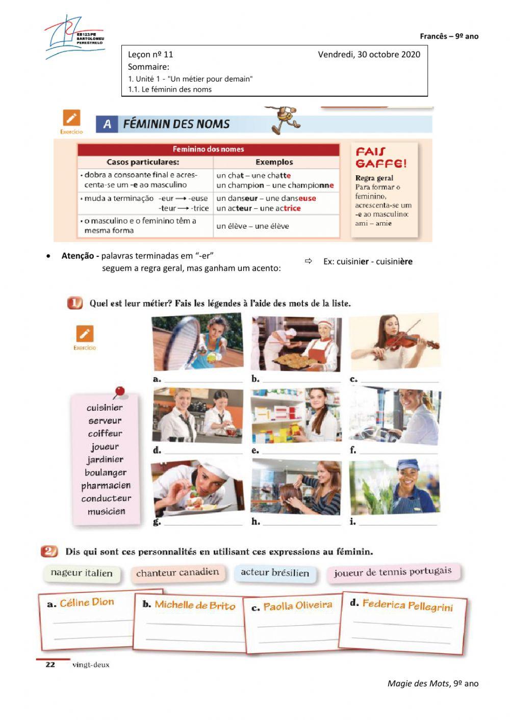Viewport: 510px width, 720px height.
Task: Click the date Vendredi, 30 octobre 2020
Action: pos(369,55)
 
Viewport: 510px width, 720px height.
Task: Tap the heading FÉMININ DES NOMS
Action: pos(176,124)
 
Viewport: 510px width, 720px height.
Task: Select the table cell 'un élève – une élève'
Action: pos(252,226)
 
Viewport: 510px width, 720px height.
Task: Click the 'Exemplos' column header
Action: pos(274,162)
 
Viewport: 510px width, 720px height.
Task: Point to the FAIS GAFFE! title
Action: pos(381,157)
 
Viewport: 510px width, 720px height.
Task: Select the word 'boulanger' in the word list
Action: pos(106,472)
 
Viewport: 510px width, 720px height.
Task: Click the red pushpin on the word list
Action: pos(119,391)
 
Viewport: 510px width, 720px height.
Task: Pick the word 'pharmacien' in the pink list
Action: pos(106,486)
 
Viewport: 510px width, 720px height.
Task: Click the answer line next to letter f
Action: pos(398,451)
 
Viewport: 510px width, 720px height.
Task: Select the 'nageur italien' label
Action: pos(82,573)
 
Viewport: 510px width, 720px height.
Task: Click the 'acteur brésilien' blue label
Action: pos(275,573)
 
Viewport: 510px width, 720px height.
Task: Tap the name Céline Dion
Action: pos(87,602)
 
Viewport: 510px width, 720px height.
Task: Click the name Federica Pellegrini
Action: pos(407,605)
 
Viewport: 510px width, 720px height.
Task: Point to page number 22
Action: pos(50,664)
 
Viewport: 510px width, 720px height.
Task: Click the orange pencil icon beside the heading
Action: pos(71,118)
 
